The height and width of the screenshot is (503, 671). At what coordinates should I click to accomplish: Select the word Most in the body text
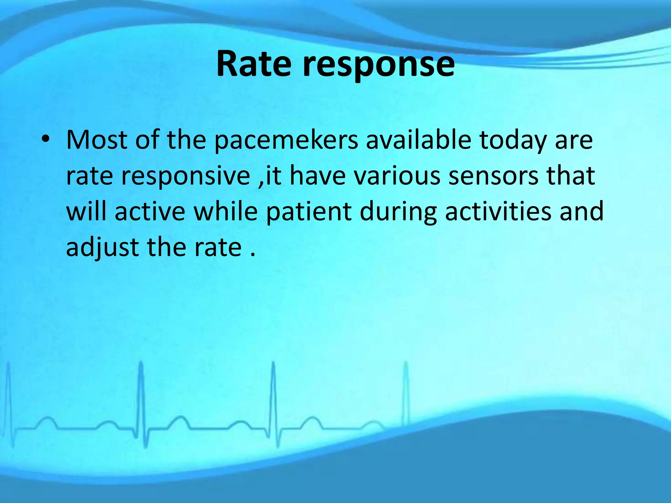[97, 140]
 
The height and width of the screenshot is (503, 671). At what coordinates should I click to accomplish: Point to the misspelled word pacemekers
[286, 141]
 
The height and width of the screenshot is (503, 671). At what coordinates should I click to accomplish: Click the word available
[418, 140]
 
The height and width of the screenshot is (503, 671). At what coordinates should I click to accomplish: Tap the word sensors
[493, 176]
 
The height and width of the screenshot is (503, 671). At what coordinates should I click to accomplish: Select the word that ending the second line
[570, 176]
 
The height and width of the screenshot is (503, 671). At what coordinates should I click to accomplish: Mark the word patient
[309, 212]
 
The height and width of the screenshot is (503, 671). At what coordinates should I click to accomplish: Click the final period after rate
[252, 255]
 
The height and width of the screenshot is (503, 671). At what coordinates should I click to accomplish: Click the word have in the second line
[317, 176]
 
